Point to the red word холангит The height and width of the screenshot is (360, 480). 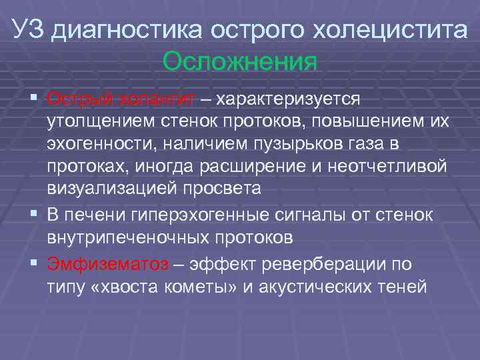coord(158,99)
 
